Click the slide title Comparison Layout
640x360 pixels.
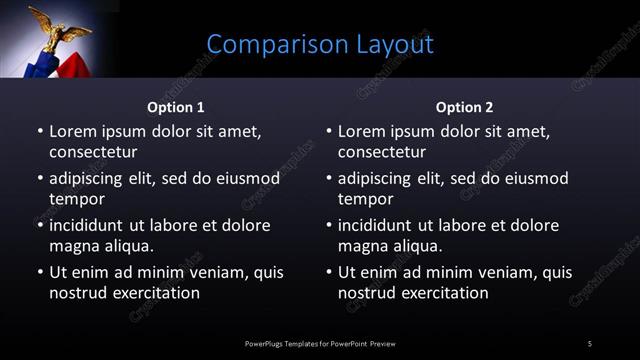tap(320, 45)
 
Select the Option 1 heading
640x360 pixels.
tap(176, 107)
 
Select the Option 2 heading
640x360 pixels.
tap(464, 107)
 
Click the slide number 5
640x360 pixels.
tap(590, 344)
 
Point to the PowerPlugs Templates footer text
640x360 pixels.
tap(320, 344)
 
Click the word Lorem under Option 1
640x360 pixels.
tap(73, 131)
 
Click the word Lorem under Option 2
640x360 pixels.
tap(362, 131)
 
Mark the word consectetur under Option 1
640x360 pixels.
tap(93, 152)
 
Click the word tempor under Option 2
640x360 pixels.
tap(365, 199)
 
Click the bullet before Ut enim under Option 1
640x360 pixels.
tap(39, 272)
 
